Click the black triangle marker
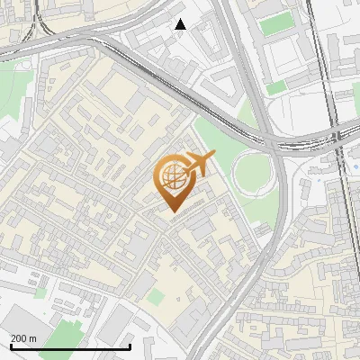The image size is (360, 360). [x=180, y=24]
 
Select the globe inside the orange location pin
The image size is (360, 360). [x=172, y=177]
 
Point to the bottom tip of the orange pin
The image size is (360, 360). [x=172, y=212]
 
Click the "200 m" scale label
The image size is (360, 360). [x=23, y=338]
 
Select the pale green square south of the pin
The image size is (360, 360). [x=157, y=296]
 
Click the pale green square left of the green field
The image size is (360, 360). [x=40, y=292]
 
